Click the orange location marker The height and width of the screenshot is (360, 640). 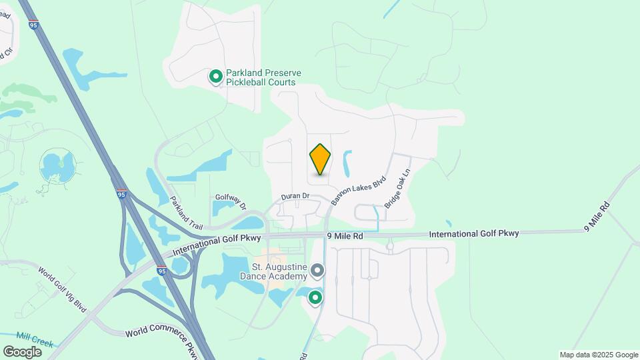click(320, 159)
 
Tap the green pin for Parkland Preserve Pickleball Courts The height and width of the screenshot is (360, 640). click(215, 77)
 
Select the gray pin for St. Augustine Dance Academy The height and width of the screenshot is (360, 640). click(317, 271)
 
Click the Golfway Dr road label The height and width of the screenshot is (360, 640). click(231, 198)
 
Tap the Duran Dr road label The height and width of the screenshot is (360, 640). click(295, 196)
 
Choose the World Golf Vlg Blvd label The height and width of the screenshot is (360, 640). click(63, 289)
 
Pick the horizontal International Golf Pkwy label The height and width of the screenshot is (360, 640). click(473, 234)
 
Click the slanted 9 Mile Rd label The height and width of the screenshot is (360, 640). click(597, 216)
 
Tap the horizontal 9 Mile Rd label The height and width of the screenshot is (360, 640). click(345, 236)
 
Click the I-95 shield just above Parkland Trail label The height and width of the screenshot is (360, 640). click(121, 194)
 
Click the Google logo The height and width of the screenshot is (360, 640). click(23, 351)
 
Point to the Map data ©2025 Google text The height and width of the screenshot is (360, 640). click(598, 355)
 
